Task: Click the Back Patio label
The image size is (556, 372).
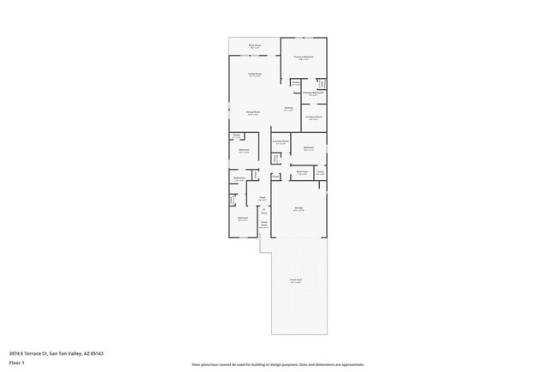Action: point(254,45)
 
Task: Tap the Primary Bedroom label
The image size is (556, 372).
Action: point(305,57)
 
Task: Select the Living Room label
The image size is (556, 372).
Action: point(255,75)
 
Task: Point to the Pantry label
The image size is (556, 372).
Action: point(295,82)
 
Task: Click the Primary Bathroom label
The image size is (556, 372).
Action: point(313,93)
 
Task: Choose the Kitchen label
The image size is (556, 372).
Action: point(289,109)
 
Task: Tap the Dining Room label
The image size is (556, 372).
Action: point(253,113)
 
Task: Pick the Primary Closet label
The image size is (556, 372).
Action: point(313,117)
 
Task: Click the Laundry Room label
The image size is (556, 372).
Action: point(281,141)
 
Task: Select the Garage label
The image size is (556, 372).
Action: point(299,209)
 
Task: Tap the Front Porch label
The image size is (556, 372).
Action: point(264,225)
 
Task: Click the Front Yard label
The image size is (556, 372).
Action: point(296,281)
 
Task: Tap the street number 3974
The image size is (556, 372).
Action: point(15,351)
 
